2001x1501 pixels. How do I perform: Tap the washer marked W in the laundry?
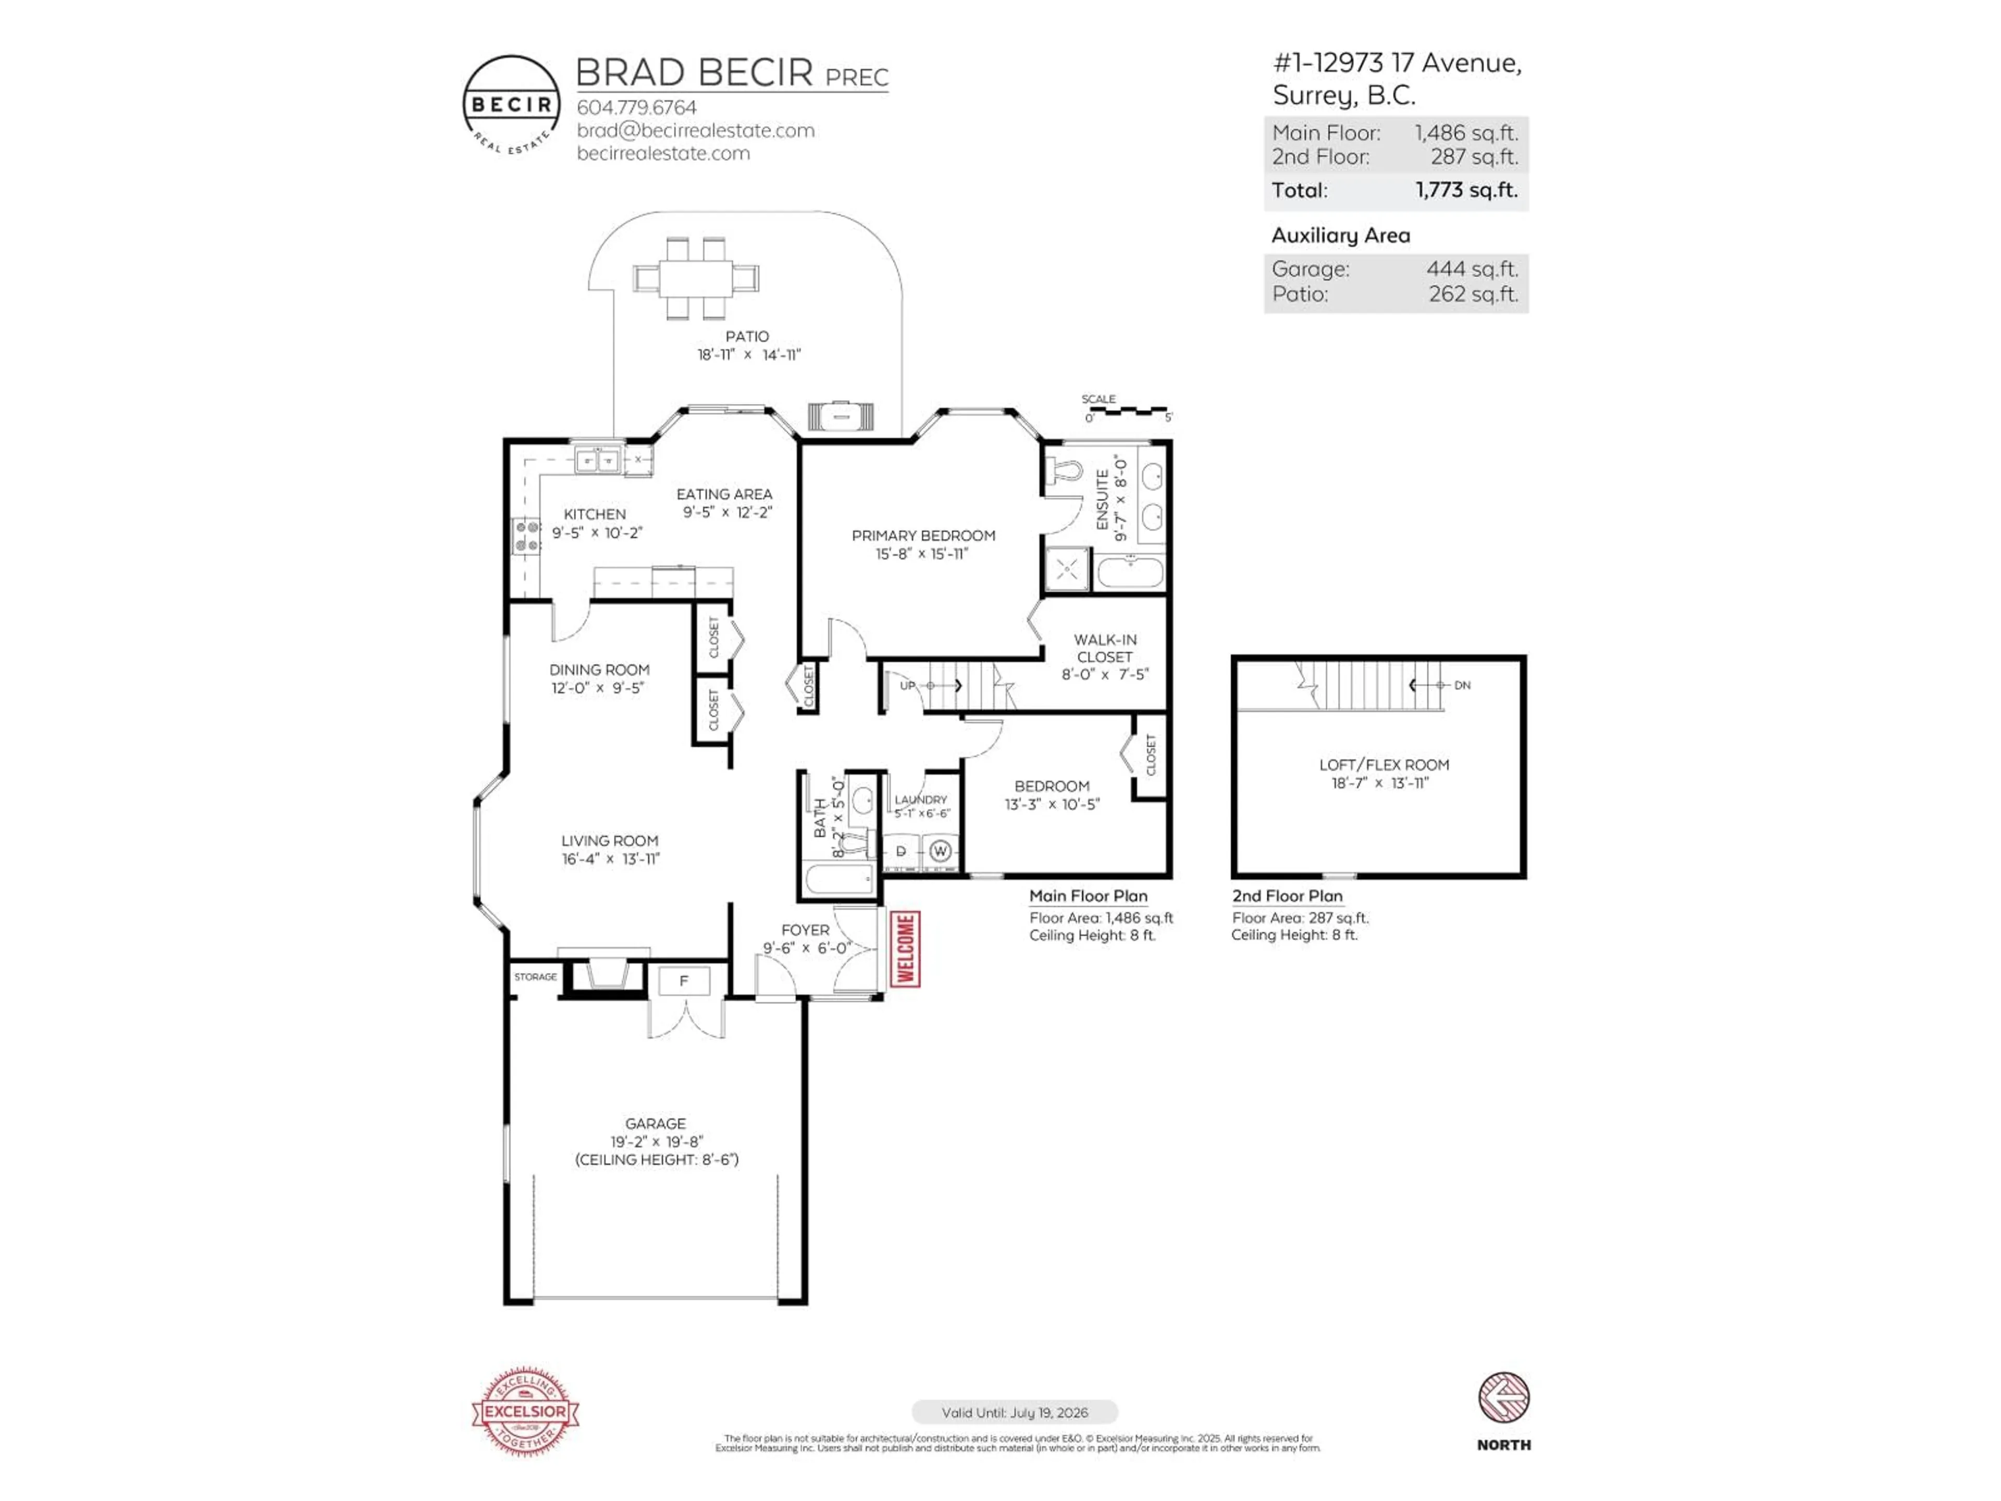[x=940, y=852]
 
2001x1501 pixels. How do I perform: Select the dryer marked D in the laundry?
[x=901, y=852]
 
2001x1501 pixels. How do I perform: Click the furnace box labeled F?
[x=684, y=981]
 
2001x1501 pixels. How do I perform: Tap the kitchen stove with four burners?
[x=526, y=536]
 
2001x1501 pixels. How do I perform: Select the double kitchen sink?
[x=598, y=461]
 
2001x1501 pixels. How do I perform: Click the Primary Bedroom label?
[x=923, y=536]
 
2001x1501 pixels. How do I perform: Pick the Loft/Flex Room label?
[x=1383, y=765]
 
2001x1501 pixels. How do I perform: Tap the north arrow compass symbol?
[x=1503, y=1398]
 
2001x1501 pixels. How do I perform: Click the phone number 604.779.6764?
[x=637, y=107]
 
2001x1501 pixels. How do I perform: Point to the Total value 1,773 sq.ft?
[x=1466, y=190]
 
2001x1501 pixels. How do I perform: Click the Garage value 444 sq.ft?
[x=1472, y=269]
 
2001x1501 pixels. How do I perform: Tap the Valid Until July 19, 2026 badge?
[x=1014, y=1412]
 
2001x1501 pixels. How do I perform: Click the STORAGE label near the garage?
[x=536, y=977]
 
